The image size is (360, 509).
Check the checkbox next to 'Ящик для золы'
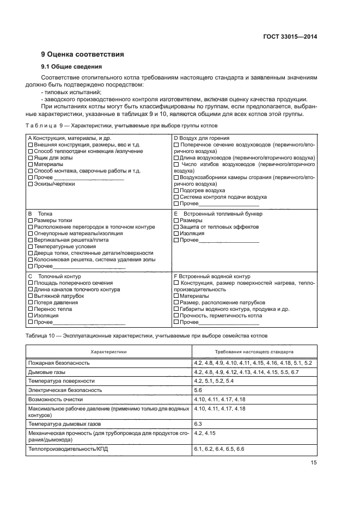pyautogui.click(x=30, y=158)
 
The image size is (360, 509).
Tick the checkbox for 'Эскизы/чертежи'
pyautogui.click(x=30, y=184)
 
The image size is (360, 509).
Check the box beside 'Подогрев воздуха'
pyautogui.click(x=176, y=191)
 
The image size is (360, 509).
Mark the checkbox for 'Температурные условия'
pyautogui.click(x=30, y=247)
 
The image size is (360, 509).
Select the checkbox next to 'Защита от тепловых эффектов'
pyautogui.click(x=176, y=227)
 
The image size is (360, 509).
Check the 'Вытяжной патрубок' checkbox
pyautogui.click(x=30, y=296)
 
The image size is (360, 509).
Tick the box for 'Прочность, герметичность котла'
pyautogui.click(x=176, y=316)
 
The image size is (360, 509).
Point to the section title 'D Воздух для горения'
pyautogui.click(x=201, y=138)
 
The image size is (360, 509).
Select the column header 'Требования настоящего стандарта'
pyautogui.click(x=252, y=352)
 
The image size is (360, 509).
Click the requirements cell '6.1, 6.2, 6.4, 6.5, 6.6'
pyautogui.click(x=219, y=449)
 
